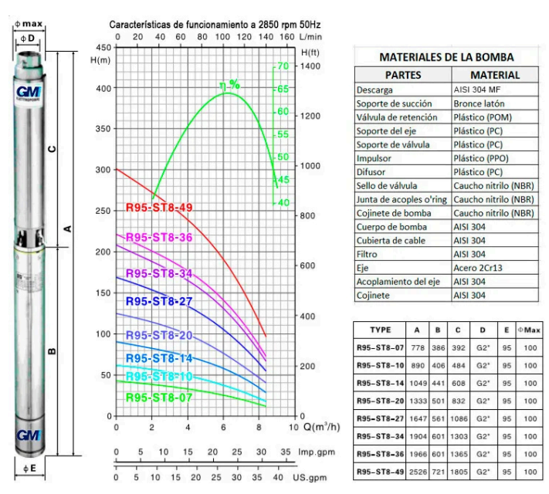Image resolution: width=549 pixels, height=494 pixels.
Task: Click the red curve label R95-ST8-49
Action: (158, 208)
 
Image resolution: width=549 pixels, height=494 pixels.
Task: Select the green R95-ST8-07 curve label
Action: (158, 398)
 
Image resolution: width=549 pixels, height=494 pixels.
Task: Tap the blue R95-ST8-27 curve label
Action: (158, 301)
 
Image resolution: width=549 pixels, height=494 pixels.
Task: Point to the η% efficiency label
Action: (229, 86)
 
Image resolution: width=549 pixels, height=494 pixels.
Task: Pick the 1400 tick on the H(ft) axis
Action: (310, 67)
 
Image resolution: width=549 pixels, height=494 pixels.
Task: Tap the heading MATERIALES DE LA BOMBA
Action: (446, 58)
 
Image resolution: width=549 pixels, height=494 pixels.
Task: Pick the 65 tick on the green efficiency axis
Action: (283, 89)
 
